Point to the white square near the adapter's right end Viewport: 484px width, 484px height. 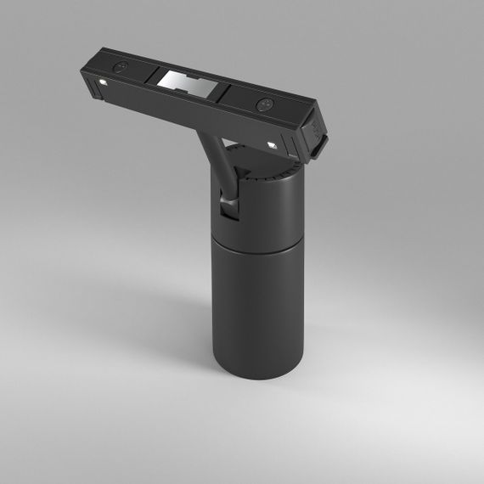coord(273,146)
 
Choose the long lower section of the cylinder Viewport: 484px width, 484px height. coord(255,314)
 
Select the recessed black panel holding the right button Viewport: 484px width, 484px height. coord(263,103)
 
